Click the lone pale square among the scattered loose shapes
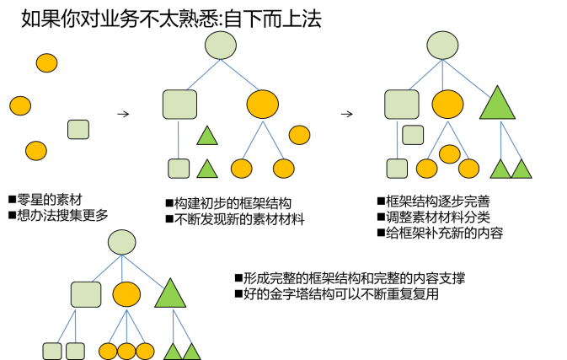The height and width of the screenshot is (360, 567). [x=78, y=129]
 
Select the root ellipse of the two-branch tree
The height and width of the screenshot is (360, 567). [x=221, y=46]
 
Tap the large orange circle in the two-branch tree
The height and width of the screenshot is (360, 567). [x=262, y=105]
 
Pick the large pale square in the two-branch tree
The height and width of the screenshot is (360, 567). [x=179, y=105]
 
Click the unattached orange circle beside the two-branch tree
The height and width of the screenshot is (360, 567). [x=299, y=135]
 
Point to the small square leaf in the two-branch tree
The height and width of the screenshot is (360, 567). [x=179, y=169]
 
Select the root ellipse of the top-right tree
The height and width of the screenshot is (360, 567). [x=442, y=46]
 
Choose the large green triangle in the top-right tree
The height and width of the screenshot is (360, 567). [x=497, y=105]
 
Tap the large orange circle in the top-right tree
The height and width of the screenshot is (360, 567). [x=447, y=105]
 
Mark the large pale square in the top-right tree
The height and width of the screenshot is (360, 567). [x=402, y=105]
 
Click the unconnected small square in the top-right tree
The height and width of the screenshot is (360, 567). [x=413, y=135]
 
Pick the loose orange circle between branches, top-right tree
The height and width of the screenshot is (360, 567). [x=450, y=153]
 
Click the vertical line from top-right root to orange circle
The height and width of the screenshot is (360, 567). [x=443, y=76]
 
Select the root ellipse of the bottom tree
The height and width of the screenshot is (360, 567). [x=122, y=242]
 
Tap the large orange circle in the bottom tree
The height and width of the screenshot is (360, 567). [x=126, y=294]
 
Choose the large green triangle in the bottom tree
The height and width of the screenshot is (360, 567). [x=170, y=295]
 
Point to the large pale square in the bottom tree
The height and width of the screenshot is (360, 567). [x=86, y=294]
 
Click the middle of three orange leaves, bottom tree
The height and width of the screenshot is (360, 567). [x=126, y=351]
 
